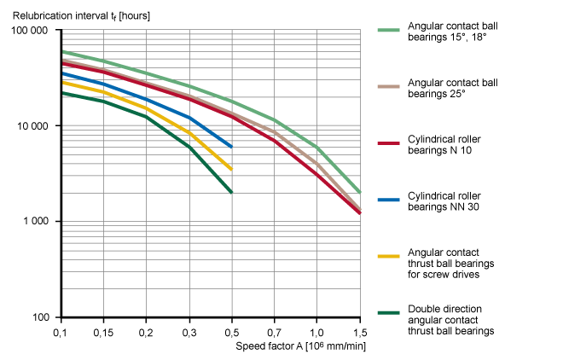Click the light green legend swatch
(x=388, y=31)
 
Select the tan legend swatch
(x=388, y=87)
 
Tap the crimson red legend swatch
(x=388, y=143)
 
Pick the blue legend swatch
(x=388, y=200)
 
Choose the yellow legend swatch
(x=388, y=256)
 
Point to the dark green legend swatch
(x=388, y=312)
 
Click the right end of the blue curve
(x=231, y=147)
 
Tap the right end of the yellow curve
(x=231, y=169)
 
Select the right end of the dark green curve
(x=231, y=192)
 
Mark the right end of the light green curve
(x=359, y=192)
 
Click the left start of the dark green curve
(x=63, y=93)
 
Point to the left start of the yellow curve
(x=63, y=83)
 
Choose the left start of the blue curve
(x=63, y=73)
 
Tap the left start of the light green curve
(x=63, y=51)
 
